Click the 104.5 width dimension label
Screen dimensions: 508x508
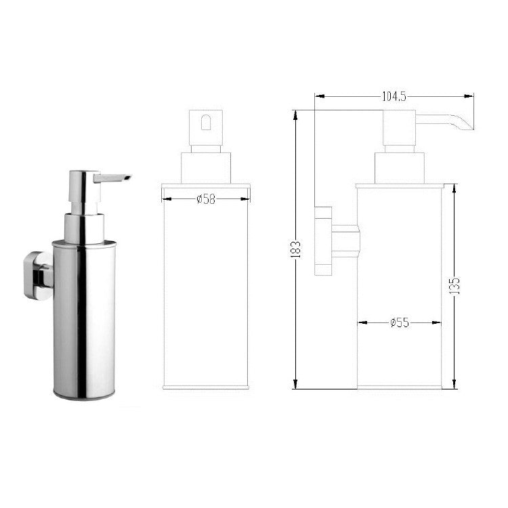[x=394, y=97]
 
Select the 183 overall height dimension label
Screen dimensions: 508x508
[x=296, y=249]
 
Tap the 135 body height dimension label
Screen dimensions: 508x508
[x=455, y=285]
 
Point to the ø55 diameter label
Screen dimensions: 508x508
[x=400, y=322]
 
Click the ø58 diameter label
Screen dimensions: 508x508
[x=206, y=199]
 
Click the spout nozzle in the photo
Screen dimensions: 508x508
[x=112, y=178]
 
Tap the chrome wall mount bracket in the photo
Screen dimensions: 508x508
[x=38, y=274]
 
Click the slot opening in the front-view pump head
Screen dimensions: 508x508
[x=206, y=122]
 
